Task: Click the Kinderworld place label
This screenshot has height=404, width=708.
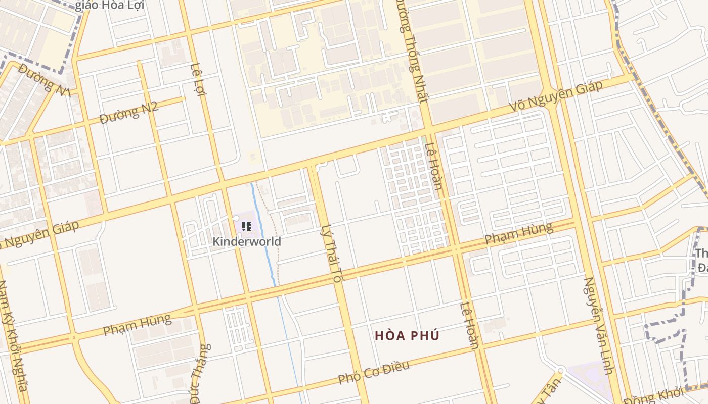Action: point(246,241)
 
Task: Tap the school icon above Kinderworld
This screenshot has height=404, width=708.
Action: point(246,227)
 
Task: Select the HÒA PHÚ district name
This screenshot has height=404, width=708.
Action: point(407,335)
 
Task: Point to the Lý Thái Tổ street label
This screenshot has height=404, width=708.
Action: point(332,253)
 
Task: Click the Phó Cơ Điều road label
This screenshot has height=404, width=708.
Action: point(374,373)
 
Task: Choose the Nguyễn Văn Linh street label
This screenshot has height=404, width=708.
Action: point(598,325)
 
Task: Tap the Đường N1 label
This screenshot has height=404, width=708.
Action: point(43,79)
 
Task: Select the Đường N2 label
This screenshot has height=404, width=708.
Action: point(129,113)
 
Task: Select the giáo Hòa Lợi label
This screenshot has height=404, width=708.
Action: point(110,6)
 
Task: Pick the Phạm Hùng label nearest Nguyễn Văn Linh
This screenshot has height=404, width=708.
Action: point(518,233)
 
